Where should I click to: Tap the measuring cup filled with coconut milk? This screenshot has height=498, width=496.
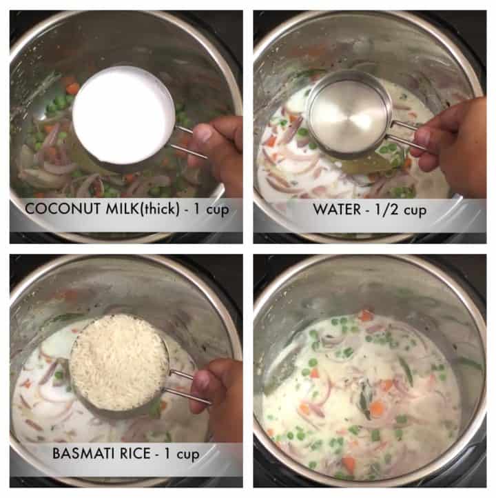click(123, 114)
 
